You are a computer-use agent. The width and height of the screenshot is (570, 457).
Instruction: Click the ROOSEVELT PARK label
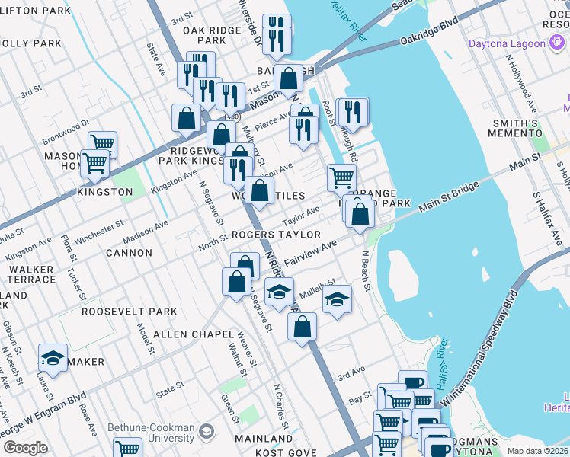point(130,312)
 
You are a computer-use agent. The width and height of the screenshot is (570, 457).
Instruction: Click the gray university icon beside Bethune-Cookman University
point(205,433)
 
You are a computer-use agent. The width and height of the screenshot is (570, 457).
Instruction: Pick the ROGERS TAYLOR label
point(277,235)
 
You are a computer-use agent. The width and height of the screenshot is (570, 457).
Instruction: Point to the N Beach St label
point(366,271)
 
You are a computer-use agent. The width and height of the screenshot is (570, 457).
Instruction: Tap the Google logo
point(25,448)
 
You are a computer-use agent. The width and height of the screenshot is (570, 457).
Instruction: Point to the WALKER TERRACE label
point(31,274)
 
